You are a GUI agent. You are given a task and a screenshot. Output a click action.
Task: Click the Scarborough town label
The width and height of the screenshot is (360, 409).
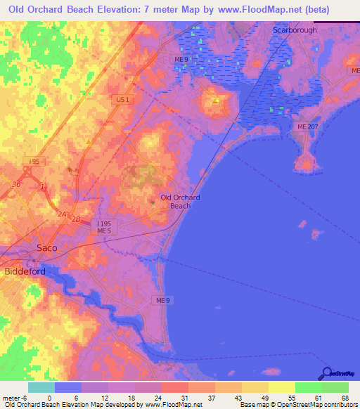click(295, 30)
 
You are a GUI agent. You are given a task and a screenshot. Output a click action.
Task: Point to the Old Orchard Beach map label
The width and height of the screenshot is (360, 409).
click(180, 202)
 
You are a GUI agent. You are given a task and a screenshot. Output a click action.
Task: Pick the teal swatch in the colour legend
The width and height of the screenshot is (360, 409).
click(41, 387)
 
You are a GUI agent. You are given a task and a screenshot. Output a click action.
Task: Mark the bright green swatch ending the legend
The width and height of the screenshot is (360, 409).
click(335, 387)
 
